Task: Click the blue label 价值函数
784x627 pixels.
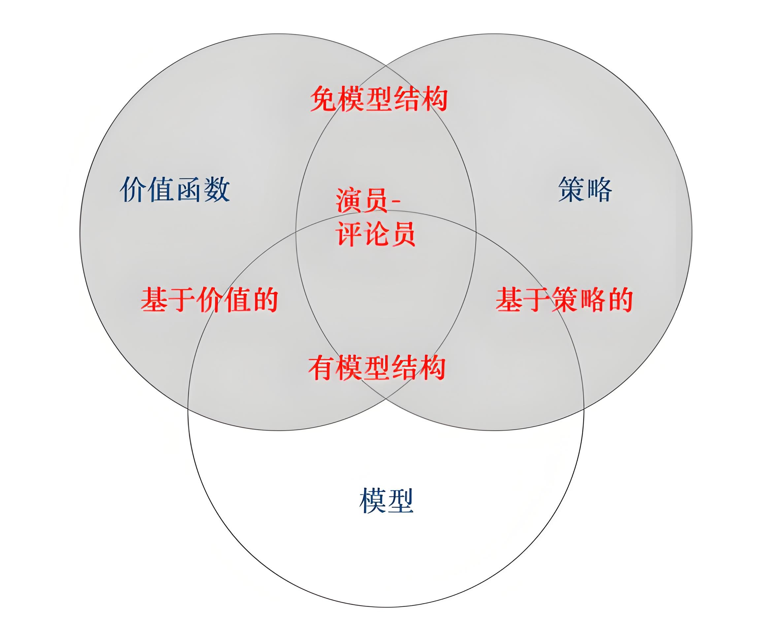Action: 175,189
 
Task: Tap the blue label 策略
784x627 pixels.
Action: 585,189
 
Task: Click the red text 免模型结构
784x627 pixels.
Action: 378,99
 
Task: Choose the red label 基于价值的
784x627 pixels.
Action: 209,299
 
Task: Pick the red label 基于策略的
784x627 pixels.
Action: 564,299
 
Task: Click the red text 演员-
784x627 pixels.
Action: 367,200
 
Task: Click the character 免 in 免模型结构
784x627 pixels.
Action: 324,99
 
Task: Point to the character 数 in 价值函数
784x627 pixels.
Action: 217,189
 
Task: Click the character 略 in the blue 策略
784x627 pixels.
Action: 599,189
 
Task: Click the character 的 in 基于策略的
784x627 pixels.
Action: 619,299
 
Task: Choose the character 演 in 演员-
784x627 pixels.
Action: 349,200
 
